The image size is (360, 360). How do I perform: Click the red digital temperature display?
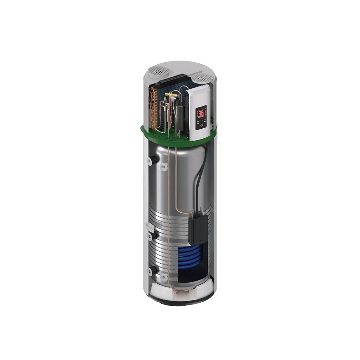[201, 113]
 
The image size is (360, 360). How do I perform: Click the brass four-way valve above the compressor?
[174, 95]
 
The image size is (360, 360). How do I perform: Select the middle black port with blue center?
[152, 236]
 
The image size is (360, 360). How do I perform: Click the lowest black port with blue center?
[152, 271]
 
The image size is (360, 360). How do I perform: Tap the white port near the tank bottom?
[163, 278]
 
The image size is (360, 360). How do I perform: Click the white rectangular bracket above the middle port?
[150, 226]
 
